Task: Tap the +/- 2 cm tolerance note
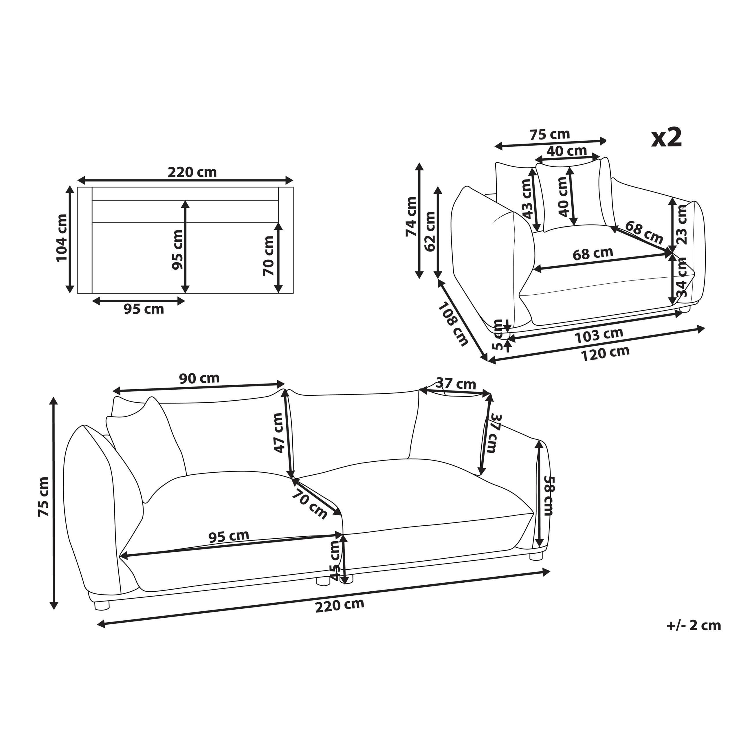click(694, 626)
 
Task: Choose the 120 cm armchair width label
click(606, 353)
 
